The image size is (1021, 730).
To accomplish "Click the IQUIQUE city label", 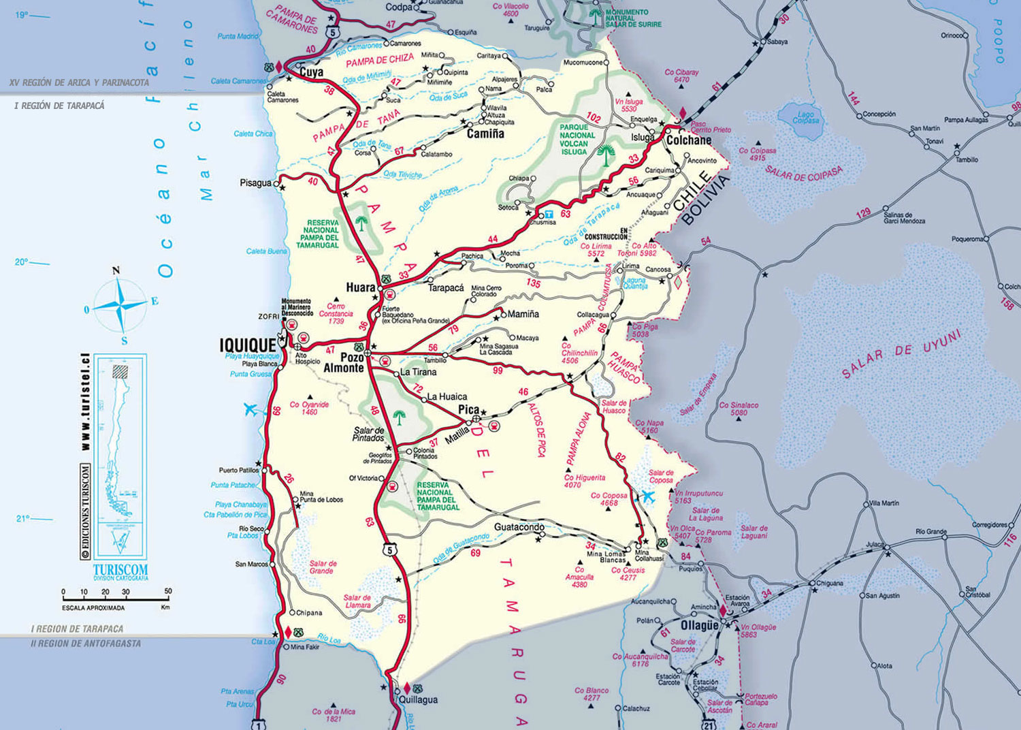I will tap(248, 345).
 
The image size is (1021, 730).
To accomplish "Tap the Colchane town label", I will tap(689, 140).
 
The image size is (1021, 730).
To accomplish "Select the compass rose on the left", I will tap(120, 305).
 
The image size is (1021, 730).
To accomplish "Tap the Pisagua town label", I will tap(255, 183).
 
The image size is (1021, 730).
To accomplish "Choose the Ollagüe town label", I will tap(699, 625).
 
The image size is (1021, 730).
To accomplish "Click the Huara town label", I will tap(361, 288).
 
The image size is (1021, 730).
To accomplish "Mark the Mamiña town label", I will tap(523, 314).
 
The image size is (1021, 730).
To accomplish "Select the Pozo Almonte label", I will tap(344, 362).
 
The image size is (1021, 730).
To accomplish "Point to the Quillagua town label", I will tap(418, 699).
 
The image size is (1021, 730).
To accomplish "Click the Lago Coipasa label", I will tap(805, 117).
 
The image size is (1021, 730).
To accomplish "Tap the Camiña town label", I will tap(485, 134).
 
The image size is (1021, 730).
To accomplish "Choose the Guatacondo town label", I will tap(519, 527).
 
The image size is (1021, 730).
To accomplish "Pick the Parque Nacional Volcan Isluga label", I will tap(574, 139).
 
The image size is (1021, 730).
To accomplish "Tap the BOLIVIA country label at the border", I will tap(704, 200).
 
